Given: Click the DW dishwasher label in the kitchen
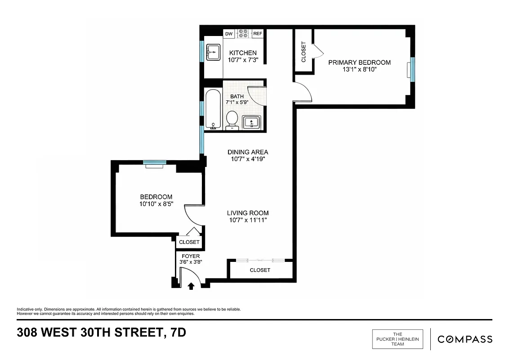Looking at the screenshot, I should pos(229,34).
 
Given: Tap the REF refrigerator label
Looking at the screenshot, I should pos(258,34).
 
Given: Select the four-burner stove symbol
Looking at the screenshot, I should pos(243,34).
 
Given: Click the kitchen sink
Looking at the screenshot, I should pos(213,52).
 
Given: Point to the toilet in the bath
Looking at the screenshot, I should pos(232,120).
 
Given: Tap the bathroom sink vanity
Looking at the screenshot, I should pos(251,122).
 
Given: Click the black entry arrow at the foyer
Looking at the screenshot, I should pos(191,286).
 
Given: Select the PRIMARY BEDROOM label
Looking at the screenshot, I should pos(359,63).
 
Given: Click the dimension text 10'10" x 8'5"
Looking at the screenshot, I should pos(156,204).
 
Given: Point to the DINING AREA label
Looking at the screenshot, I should pos(247,152).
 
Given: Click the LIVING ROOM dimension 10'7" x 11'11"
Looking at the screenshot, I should pos(247,220).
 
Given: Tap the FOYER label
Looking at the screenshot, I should pos(191,256).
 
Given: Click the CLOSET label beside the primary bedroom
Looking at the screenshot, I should pos(304,52).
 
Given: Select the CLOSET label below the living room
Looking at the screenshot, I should pos(260,270).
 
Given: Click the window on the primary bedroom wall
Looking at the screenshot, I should pos(411,70).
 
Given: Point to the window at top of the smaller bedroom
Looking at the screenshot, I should pos(155,163).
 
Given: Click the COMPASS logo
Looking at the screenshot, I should pos(465,339).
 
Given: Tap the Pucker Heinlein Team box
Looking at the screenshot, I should pos(398,339).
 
